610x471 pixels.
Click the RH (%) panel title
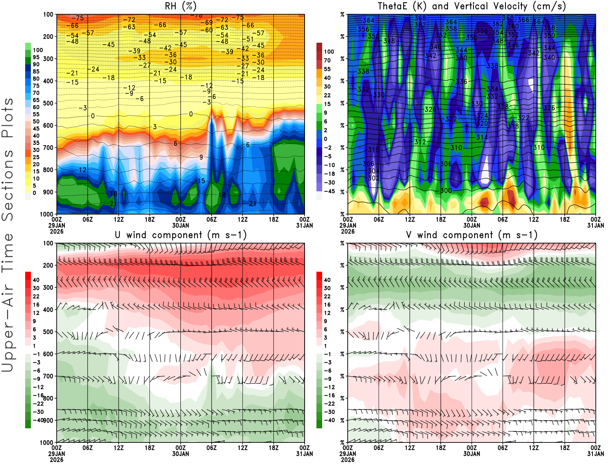180,6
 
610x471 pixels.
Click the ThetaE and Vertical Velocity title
472,6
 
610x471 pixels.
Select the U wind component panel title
180,235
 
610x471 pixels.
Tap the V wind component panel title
472,235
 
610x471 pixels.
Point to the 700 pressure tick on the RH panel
48,147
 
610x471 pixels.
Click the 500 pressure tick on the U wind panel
48,332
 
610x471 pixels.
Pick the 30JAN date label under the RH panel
180,225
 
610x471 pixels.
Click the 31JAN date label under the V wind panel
596,454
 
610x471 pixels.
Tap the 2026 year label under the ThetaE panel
348,231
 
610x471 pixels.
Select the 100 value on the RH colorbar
38,50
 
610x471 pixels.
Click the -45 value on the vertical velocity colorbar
329,191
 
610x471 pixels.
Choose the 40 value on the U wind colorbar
36,280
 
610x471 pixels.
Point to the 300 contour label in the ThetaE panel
446,191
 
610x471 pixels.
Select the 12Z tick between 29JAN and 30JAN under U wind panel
119,448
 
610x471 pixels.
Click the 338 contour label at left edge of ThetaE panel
363,71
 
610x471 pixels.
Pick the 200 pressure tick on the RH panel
48,37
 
